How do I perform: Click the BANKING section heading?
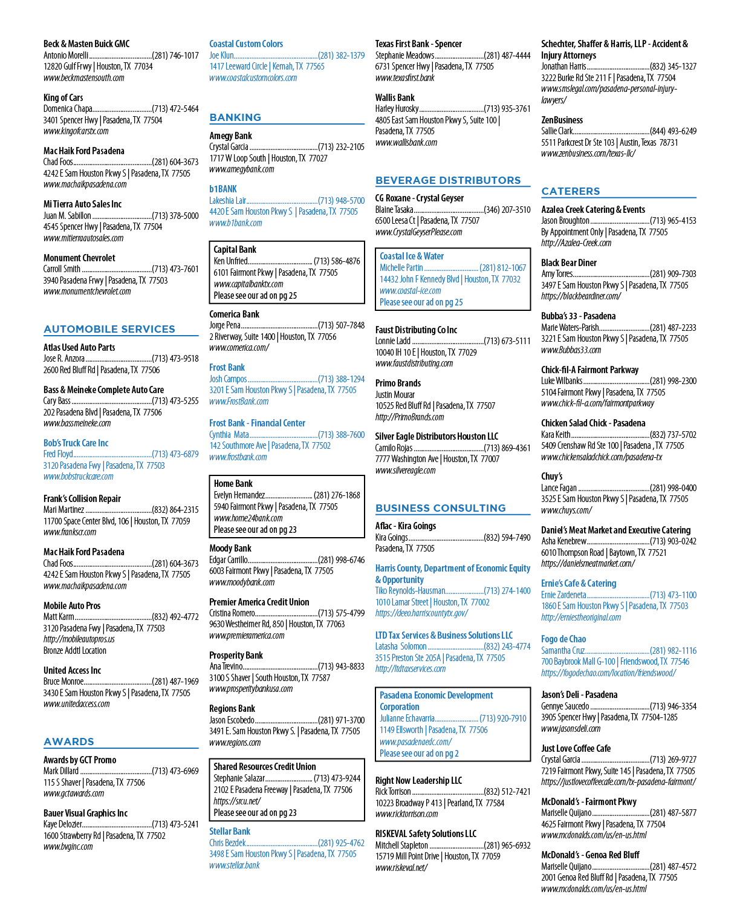tap(235, 117)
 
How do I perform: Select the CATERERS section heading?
tap(570, 191)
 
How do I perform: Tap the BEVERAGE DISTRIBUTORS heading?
tap(448, 180)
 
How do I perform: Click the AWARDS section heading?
tap(68, 742)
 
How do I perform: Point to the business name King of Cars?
tap(63, 98)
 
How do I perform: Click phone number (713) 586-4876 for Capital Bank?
tap(337, 261)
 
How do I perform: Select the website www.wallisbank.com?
tap(406, 142)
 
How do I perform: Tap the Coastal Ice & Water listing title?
tap(412, 256)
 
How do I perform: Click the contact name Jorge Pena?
tap(225, 325)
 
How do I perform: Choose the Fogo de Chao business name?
tap(563, 639)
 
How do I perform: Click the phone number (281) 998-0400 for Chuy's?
tap(673, 488)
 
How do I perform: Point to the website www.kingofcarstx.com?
tap(76, 131)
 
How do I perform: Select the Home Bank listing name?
tap(233, 484)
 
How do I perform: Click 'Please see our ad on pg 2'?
tap(419, 754)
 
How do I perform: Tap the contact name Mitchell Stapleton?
tap(401, 846)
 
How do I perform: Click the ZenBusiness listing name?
tap(562, 120)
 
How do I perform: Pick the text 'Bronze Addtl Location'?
tap(74, 651)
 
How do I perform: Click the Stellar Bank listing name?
tap(229, 832)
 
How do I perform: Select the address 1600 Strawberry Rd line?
tap(104, 836)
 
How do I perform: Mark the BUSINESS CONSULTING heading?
tap(440, 508)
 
